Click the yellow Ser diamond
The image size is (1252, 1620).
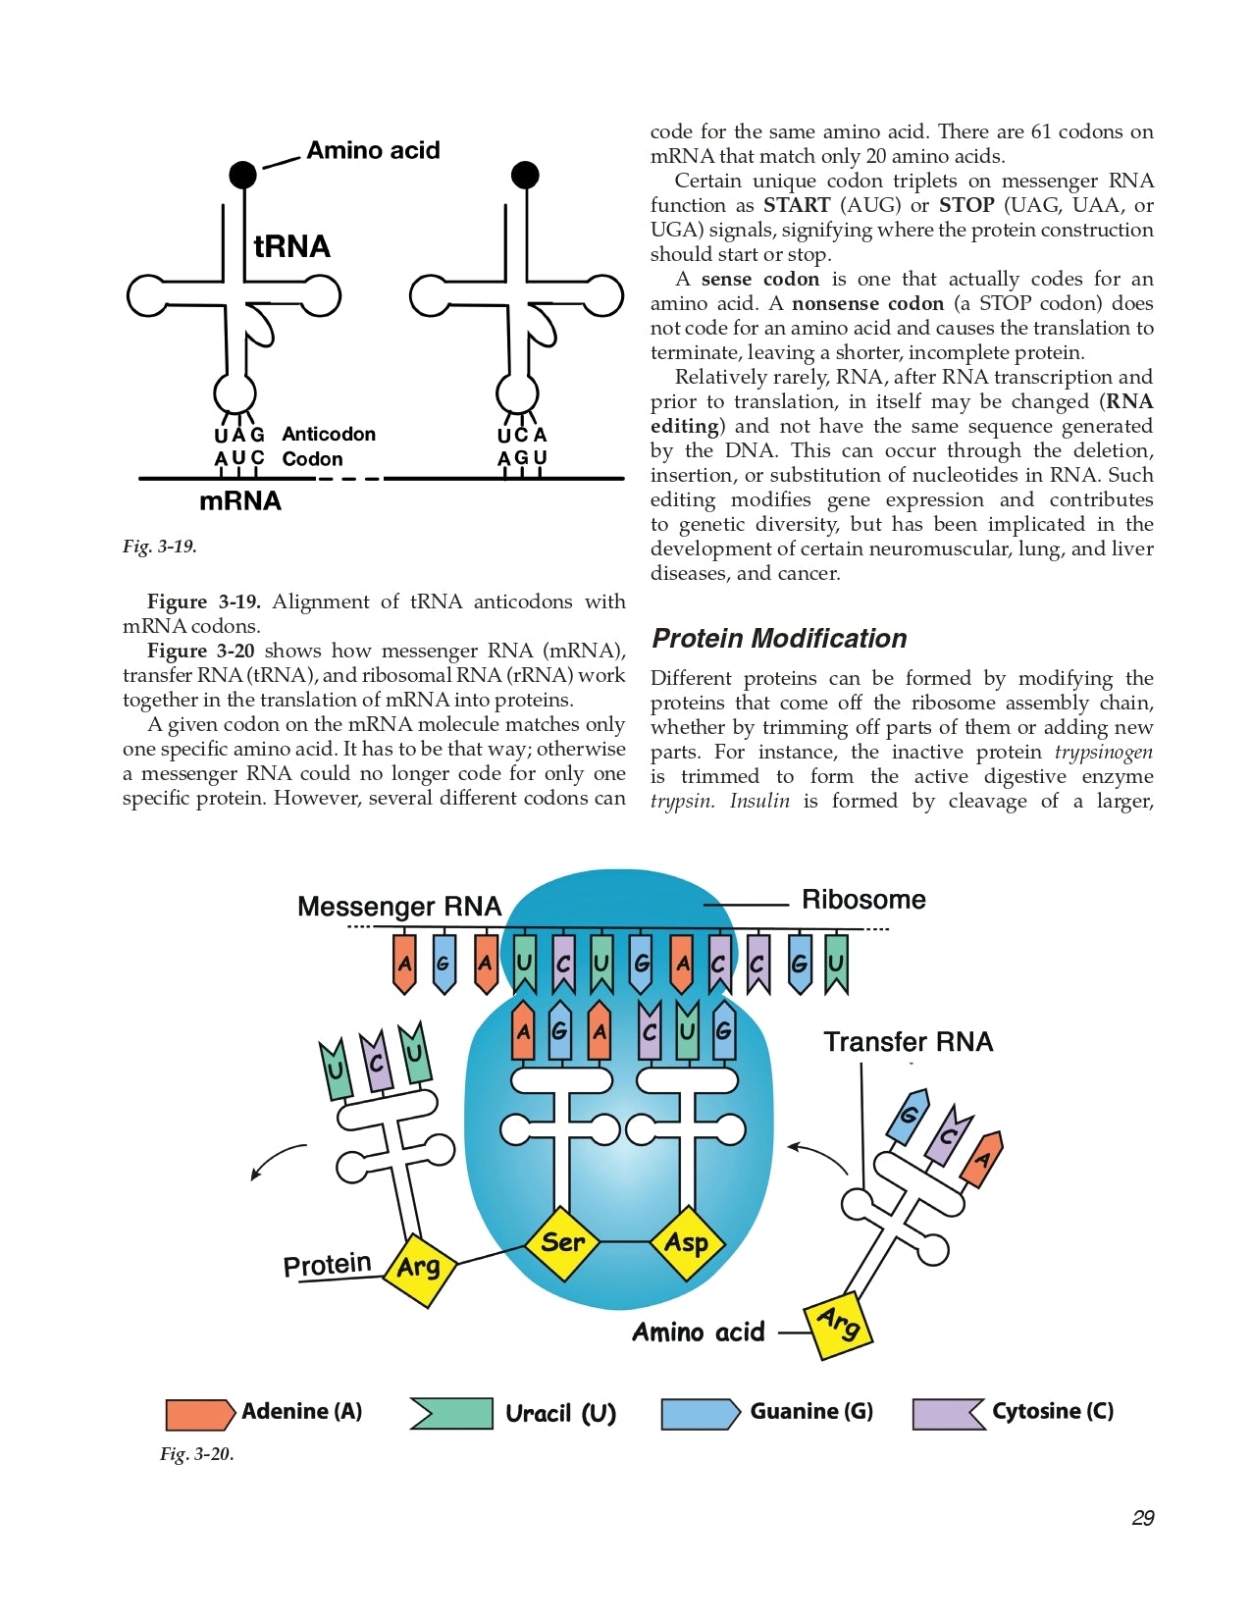click(x=562, y=1242)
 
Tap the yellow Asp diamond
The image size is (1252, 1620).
click(x=687, y=1242)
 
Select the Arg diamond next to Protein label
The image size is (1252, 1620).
click(x=419, y=1268)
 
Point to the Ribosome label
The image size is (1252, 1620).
click(x=863, y=900)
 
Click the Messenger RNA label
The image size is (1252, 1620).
click(x=399, y=906)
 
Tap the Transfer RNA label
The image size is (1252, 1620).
click(x=908, y=1042)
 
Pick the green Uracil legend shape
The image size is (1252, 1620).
click(x=451, y=1414)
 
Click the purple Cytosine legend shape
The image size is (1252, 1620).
click(x=949, y=1414)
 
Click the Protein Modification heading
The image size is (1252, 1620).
click(x=779, y=639)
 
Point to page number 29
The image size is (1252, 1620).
click(x=1142, y=1518)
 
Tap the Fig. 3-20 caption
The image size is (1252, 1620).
click(x=196, y=1454)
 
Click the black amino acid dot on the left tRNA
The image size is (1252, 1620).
click(x=242, y=175)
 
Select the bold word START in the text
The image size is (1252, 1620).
click(x=797, y=205)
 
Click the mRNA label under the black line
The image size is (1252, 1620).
click(x=240, y=501)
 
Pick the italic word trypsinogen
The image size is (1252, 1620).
click(x=1103, y=753)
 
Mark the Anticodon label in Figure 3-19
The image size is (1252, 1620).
click(x=329, y=434)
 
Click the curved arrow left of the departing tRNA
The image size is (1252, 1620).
click(x=278, y=1160)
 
